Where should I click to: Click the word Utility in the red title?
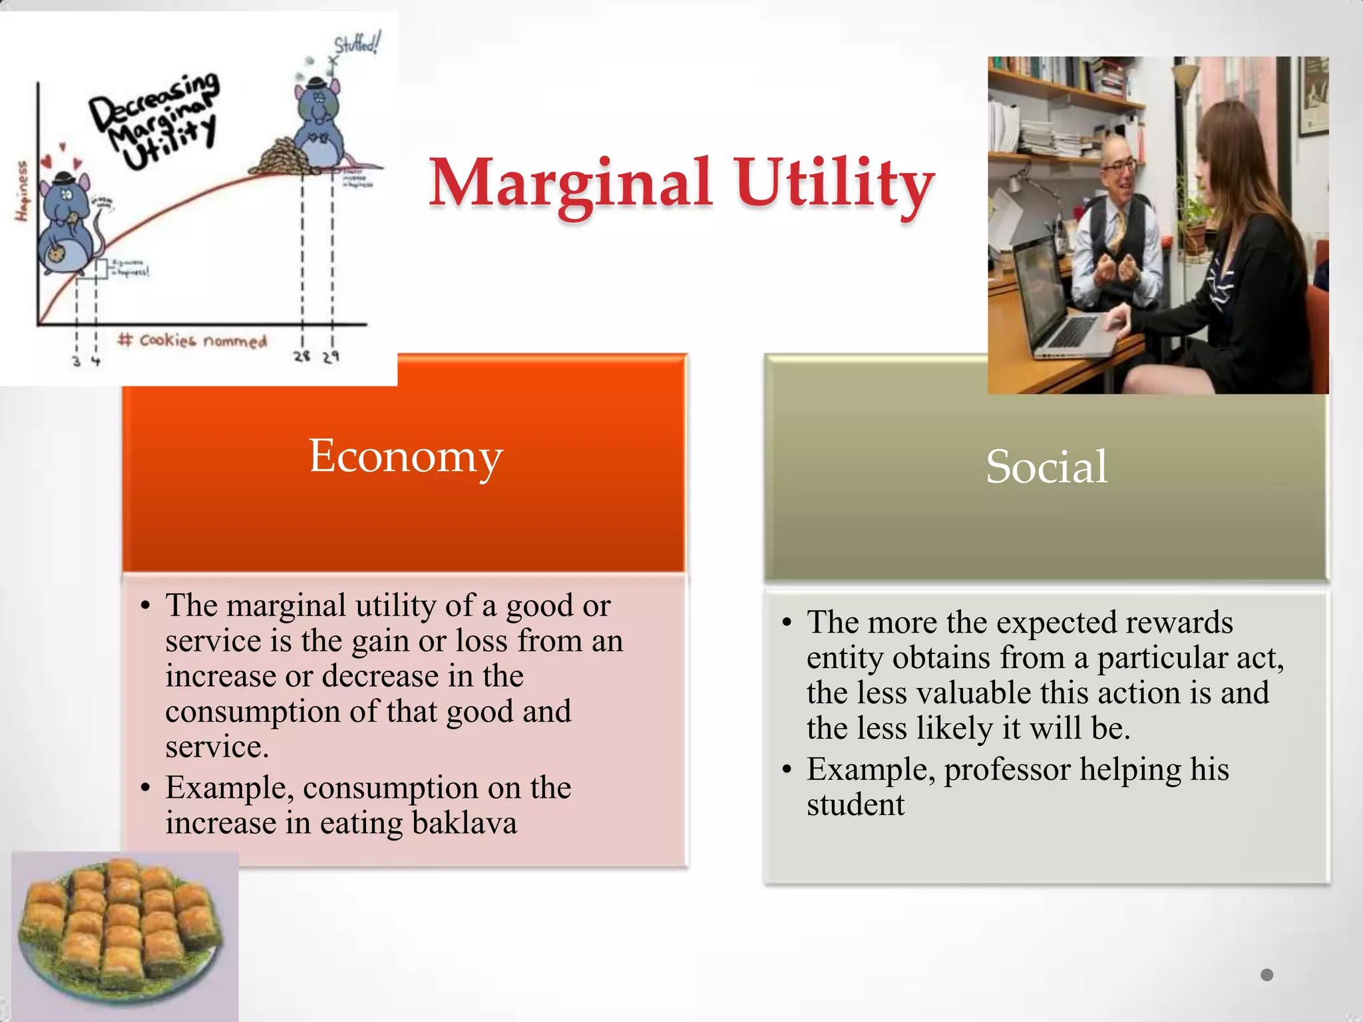click(x=835, y=184)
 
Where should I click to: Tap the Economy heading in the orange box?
click(x=405, y=457)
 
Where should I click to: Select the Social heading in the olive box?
click(x=1046, y=466)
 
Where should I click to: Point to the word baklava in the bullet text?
click(x=465, y=823)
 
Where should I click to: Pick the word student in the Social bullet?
click(x=855, y=805)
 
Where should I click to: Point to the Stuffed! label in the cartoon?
click(x=357, y=44)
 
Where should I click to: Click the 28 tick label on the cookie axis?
click(x=302, y=356)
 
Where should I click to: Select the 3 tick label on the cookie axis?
click(x=77, y=361)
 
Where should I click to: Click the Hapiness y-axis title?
click(x=22, y=191)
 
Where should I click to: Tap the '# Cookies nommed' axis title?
click(x=193, y=341)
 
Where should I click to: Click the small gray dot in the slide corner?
click(x=1266, y=975)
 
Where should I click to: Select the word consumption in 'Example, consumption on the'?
click(x=390, y=788)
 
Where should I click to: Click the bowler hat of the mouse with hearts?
click(x=65, y=178)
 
